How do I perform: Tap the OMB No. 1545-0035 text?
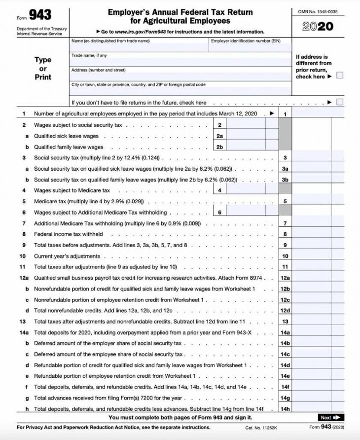click(x=318, y=11)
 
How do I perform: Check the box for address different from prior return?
click(x=340, y=75)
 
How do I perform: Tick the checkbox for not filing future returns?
click(x=340, y=102)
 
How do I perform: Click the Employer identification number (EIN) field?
click(x=250, y=47)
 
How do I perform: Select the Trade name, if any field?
click(x=180, y=62)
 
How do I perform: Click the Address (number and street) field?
click(x=180, y=76)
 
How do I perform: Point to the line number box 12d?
click(x=285, y=310)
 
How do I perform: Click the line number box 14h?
click(x=285, y=408)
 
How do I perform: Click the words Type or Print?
click(x=43, y=68)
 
